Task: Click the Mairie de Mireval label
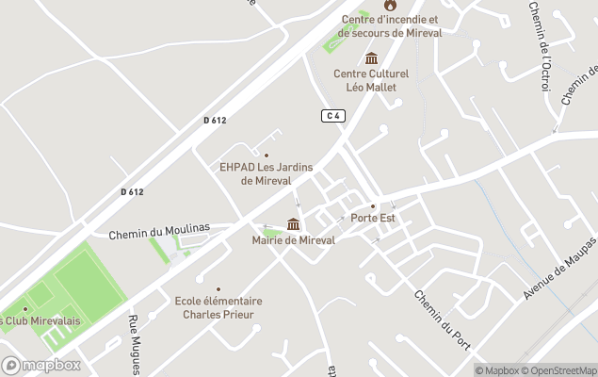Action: click(293, 240)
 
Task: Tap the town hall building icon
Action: click(294, 224)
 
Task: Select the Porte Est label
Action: click(373, 218)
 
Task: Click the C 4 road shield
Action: click(331, 115)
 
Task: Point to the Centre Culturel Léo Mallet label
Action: click(371, 80)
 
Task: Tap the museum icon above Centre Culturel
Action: click(371, 58)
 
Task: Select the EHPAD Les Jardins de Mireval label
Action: click(266, 174)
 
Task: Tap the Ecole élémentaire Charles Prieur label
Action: click(218, 307)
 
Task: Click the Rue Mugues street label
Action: click(135, 344)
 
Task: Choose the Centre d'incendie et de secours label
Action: click(390, 25)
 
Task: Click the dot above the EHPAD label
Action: click(266, 156)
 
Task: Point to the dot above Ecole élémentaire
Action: click(218, 289)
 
